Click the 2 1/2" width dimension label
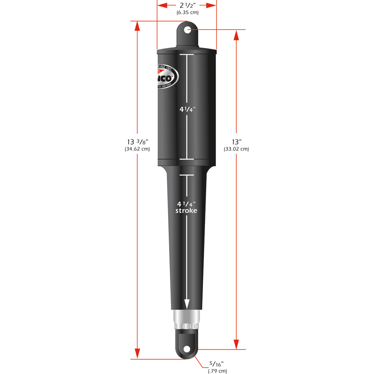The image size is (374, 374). pyautogui.click(x=187, y=5)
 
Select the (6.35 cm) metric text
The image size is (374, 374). pyautogui.click(x=187, y=12)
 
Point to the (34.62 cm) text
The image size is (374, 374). pyautogui.click(x=137, y=149)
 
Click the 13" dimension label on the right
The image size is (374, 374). pyautogui.click(x=236, y=142)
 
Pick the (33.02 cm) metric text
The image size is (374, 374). pyautogui.click(x=236, y=149)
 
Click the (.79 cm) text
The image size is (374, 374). pyautogui.click(x=217, y=371)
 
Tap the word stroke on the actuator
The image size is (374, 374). pyautogui.click(x=186, y=211)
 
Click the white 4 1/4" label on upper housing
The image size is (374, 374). pyautogui.click(x=187, y=110)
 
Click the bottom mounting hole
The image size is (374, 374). pyautogui.click(x=187, y=349)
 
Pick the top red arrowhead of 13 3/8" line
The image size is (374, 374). pyautogui.click(x=137, y=26)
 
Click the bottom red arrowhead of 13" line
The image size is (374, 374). pyautogui.click(x=236, y=344)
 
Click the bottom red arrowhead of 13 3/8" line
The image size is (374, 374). pyautogui.click(x=137, y=353)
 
